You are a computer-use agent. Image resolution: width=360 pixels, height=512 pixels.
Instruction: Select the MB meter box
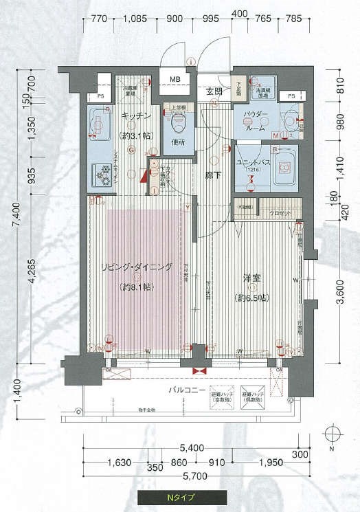click(x=176, y=80)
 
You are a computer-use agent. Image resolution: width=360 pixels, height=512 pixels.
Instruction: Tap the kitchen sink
click(x=98, y=126)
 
